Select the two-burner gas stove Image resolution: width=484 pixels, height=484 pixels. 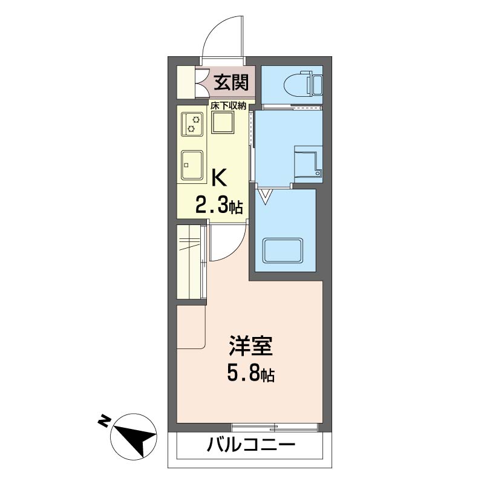(192, 124)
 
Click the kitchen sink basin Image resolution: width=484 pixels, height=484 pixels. (192, 164)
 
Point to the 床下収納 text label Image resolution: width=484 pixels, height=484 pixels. (228, 105)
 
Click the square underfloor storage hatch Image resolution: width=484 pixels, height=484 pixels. (223, 125)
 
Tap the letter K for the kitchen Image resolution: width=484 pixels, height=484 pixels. (218, 178)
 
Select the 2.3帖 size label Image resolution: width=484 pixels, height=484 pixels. (218, 206)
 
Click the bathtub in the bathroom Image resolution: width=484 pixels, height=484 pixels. (283, 252)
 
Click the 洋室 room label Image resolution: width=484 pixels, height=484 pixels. (251, 346)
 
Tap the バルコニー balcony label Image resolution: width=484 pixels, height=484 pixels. (251, 446)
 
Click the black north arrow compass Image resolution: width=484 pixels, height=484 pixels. (136, 436)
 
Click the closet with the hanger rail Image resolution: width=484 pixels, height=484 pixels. (189, 261)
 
